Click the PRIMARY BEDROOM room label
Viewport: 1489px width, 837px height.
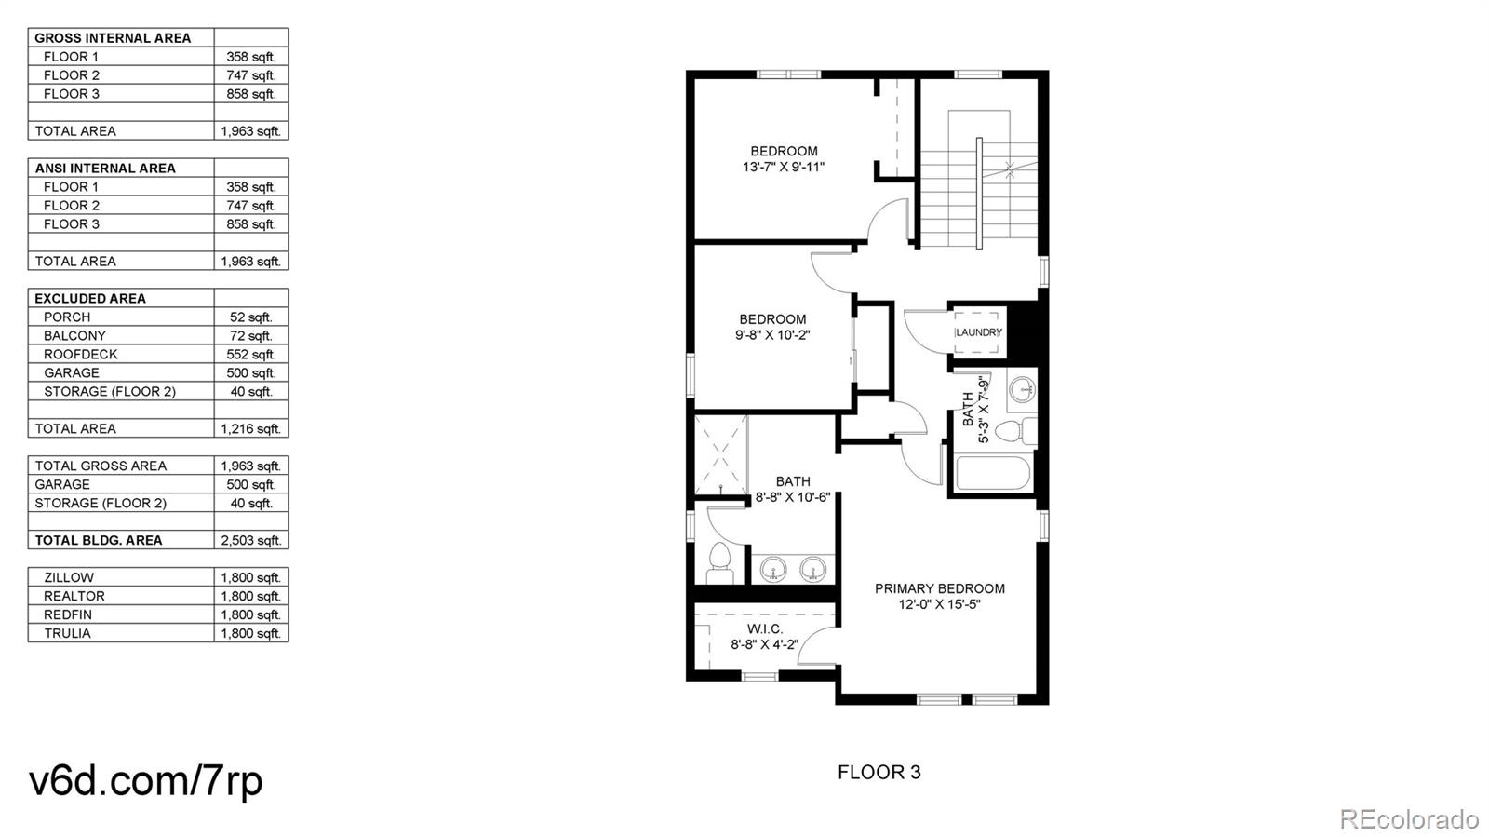939,588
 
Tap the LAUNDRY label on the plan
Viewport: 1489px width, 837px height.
978,332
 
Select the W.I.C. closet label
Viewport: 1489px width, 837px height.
764,629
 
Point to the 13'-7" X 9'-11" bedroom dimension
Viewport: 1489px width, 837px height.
784,168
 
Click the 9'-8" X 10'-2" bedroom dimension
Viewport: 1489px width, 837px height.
772,335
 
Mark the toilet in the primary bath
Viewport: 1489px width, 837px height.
718,561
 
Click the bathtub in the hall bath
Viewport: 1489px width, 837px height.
993,472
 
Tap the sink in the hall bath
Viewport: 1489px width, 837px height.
1023,390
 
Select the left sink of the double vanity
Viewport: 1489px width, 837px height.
773,568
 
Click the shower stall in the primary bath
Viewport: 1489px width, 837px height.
721,454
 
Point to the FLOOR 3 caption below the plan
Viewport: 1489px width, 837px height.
879,772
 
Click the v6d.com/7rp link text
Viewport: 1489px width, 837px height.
146,780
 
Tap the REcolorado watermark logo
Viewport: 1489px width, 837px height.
1408,818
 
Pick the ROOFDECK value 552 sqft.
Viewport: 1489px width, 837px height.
251,355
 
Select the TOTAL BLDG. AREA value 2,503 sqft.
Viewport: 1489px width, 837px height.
251,541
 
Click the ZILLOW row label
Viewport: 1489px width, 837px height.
69,578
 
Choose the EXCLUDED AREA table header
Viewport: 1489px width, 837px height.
90,299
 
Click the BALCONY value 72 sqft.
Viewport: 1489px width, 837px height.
251,336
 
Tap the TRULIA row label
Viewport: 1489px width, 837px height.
67,634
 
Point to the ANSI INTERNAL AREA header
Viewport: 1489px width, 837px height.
105,169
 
